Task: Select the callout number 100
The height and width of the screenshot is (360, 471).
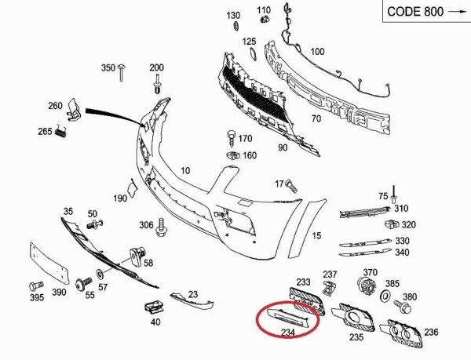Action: point(317,52)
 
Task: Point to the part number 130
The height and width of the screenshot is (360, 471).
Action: point(234,16)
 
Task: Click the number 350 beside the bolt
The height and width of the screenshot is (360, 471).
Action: point(108,68)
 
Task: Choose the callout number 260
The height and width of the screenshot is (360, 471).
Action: point(55,107)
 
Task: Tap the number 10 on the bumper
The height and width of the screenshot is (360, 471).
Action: point(186,170)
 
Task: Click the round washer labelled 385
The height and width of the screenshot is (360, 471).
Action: point(385,298)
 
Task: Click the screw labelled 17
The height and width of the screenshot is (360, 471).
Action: point(288,187)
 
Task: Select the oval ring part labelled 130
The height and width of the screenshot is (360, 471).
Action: point(235,28)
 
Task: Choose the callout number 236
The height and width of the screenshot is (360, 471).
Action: point(431,332)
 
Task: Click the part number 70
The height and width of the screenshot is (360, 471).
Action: point(316,119)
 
